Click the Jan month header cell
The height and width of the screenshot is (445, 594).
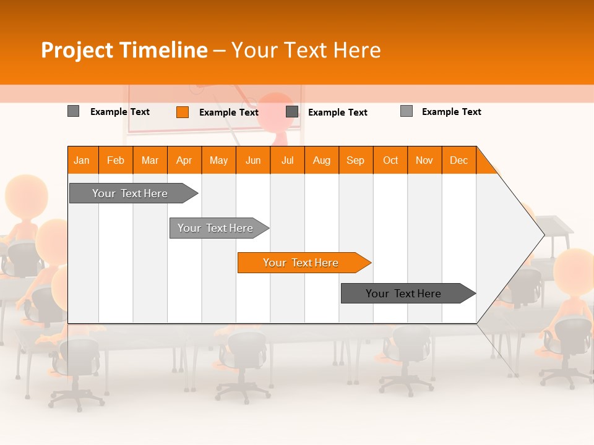click(82, 160)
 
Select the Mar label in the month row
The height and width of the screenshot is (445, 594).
click(150, 160)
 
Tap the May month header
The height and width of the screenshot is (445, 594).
click(218, 160)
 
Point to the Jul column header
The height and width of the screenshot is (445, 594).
click(287, 160)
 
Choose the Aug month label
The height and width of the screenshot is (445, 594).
click(322, 160)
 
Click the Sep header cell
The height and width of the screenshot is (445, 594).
click(356, 160)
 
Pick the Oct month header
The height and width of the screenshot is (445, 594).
click(390, 160)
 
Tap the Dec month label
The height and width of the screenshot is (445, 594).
click(459, 160)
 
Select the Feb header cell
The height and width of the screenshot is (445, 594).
click(116, 160)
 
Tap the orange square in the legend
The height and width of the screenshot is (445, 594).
click(183, 112)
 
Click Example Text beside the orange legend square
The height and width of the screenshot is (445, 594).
click(228, 112)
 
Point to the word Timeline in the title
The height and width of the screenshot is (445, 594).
click(163, 50)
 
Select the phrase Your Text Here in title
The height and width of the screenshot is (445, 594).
click(306, 50)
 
